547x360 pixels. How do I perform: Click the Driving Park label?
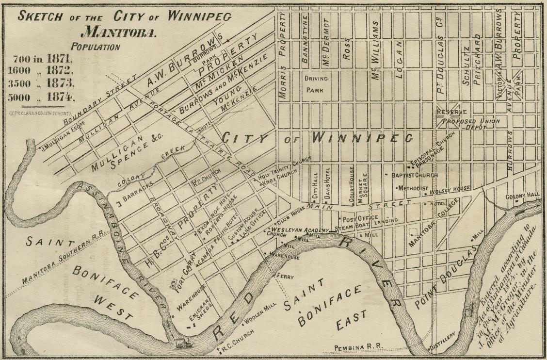(x=317, y=83)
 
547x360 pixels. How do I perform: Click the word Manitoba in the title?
(x=118, y=33)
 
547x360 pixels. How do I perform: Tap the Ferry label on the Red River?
(x=285, y=276)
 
